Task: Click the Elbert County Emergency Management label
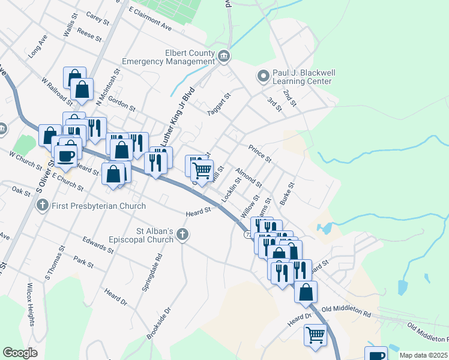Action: [168, 57]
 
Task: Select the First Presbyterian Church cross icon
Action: [42, 206]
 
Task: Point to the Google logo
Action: [20, 353]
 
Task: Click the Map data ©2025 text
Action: [423, 355]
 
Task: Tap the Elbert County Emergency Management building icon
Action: [224, 57]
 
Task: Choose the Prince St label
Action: [261, 153]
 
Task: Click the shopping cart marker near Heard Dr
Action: [315, 334]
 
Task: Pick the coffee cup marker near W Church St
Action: [66, 155]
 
